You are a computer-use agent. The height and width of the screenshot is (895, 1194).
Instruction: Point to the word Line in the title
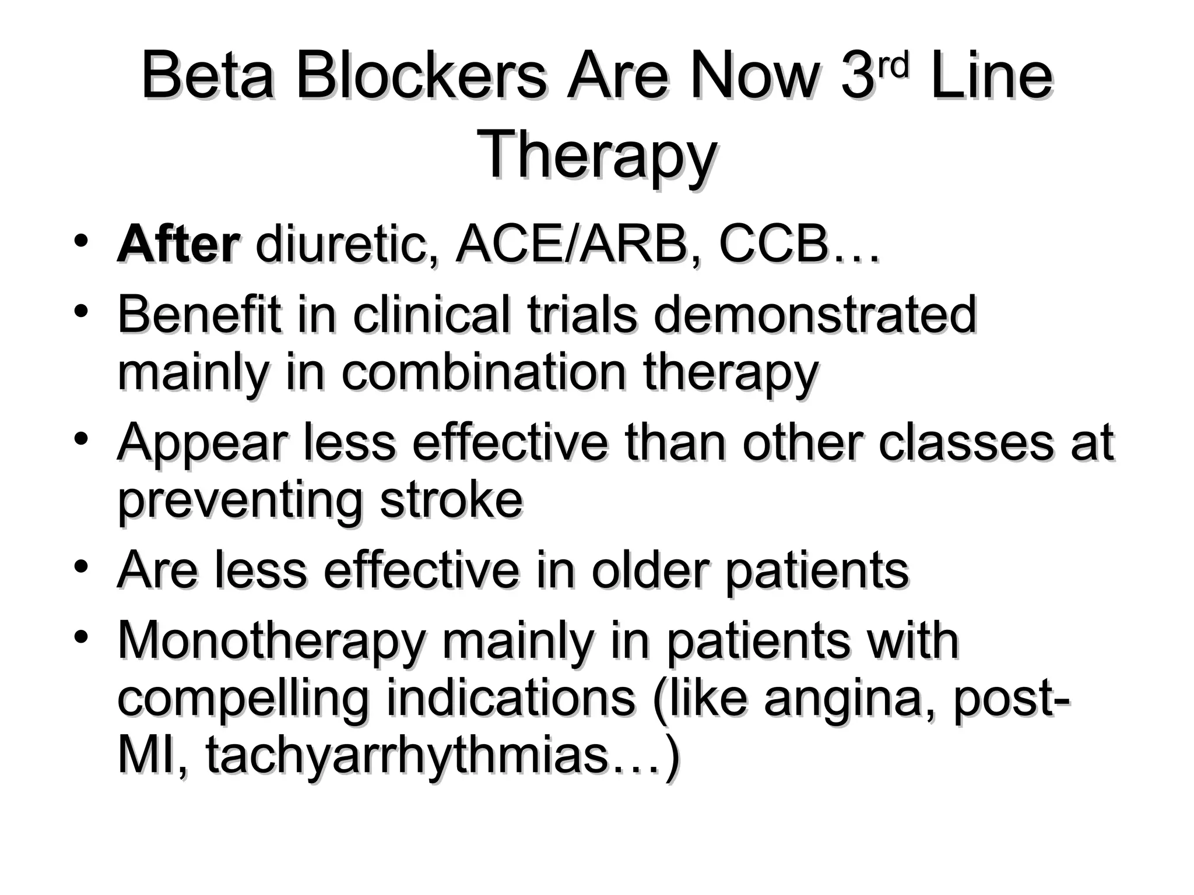(x=992, y=77)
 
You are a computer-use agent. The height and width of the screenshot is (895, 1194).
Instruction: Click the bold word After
(x=178, y=245)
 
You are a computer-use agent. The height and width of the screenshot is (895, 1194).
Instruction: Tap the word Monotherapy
(x=272, y=641)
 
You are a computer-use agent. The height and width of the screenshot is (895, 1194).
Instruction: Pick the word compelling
(x=244, y=699)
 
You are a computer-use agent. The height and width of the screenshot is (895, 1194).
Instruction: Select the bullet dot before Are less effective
(x=82, y=565)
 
